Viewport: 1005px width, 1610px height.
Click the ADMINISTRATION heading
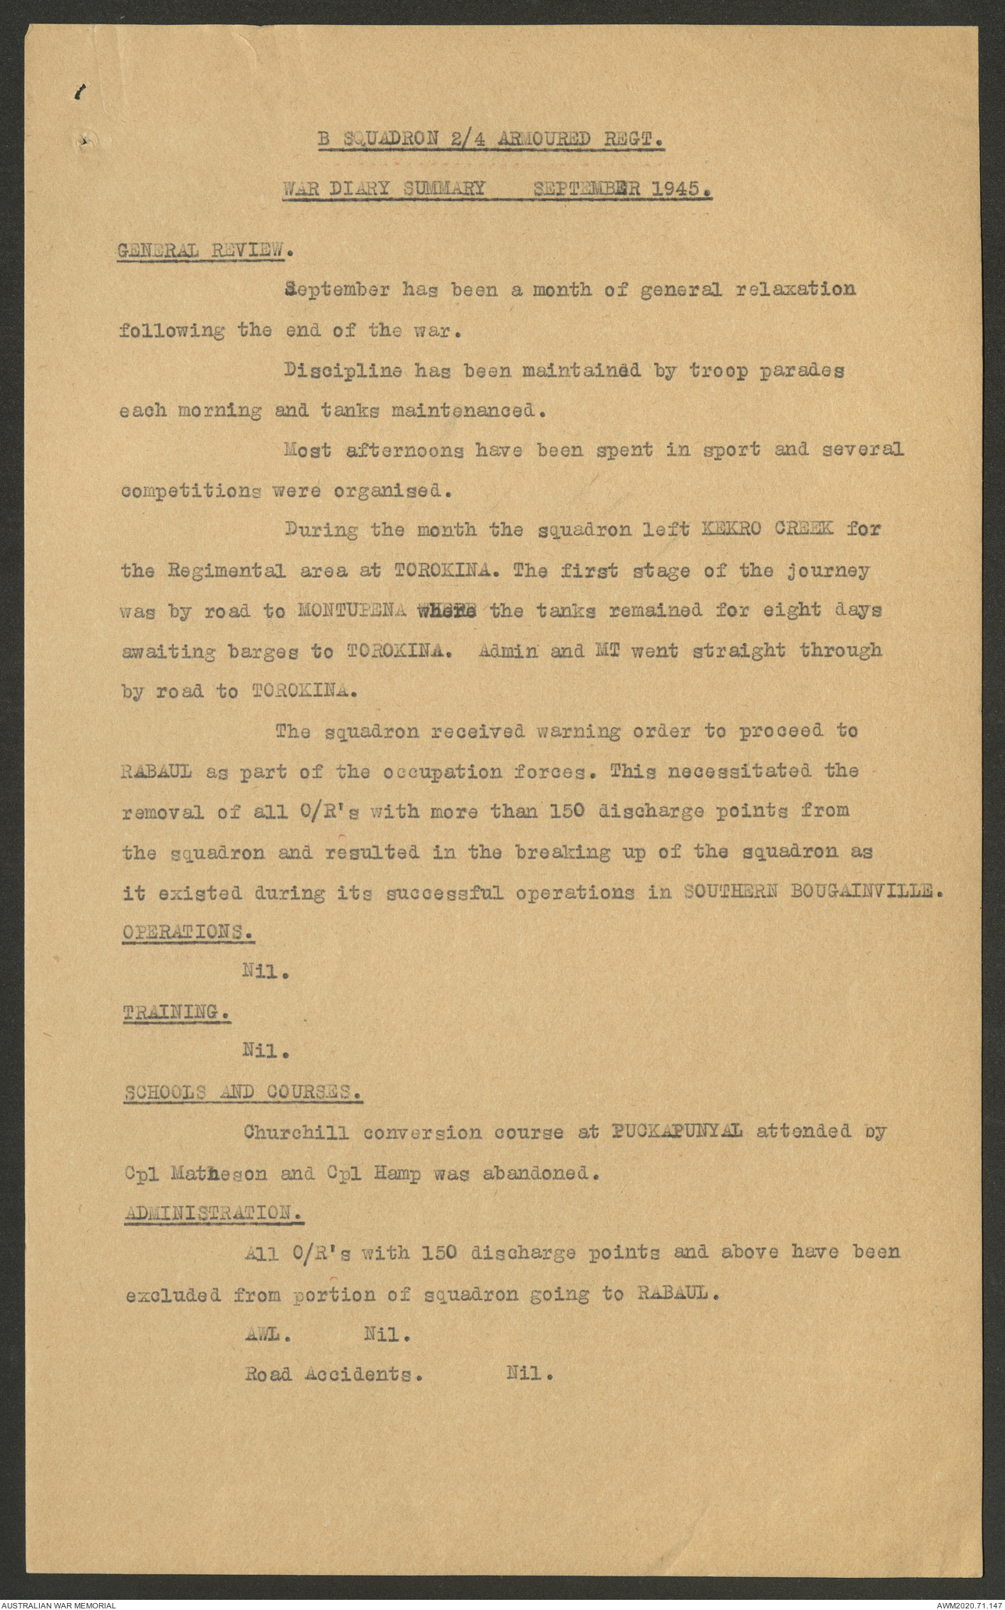pyautogui.click(x=212, y=1213)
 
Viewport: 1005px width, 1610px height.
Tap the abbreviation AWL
pyautogui.click(x=266, y=1335)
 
